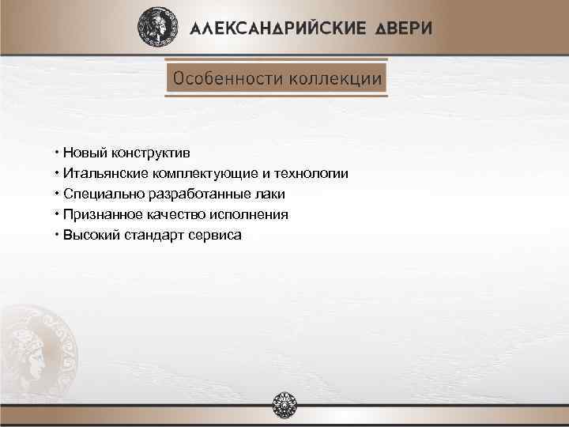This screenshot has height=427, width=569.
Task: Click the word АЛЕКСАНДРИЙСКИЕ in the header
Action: [x=278, y=28]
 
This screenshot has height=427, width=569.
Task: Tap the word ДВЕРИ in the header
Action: [x=403, y=28]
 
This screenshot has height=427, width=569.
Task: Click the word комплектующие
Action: [x=206, y=173]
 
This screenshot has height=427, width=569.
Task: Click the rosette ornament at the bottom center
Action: [x=284, y=406]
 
